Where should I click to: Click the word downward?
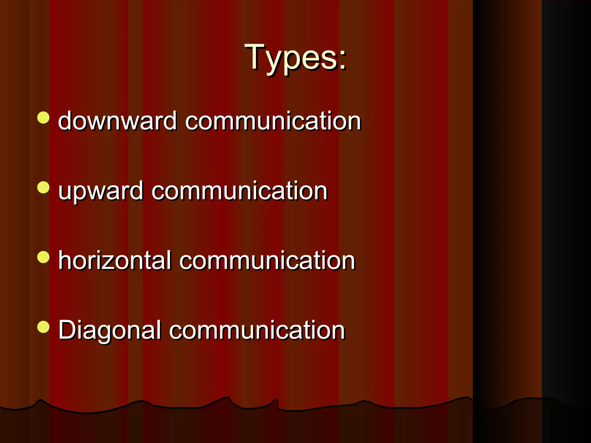pos(117,121)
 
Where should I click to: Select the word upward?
pos(100,191)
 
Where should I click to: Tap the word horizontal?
pos(115,260)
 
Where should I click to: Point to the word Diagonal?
pos(109,330)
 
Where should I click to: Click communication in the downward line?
pos(273,121)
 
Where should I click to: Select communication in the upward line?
pos(239,191)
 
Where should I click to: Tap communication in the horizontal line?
pos(267,260)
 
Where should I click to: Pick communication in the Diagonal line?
pos(257,330)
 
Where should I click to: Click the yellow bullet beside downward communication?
pos(43,118)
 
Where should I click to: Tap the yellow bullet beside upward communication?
pos(43,187)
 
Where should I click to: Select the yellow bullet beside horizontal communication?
pos(43,257)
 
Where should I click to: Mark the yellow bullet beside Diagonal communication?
pos(43,327)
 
